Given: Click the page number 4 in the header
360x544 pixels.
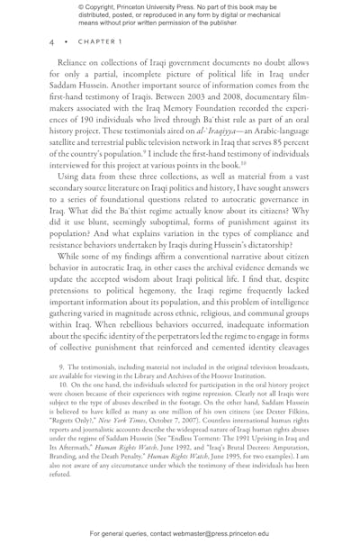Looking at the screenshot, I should click(x=51, y=41).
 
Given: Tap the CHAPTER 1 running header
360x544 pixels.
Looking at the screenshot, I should click(x=90, y=41).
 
